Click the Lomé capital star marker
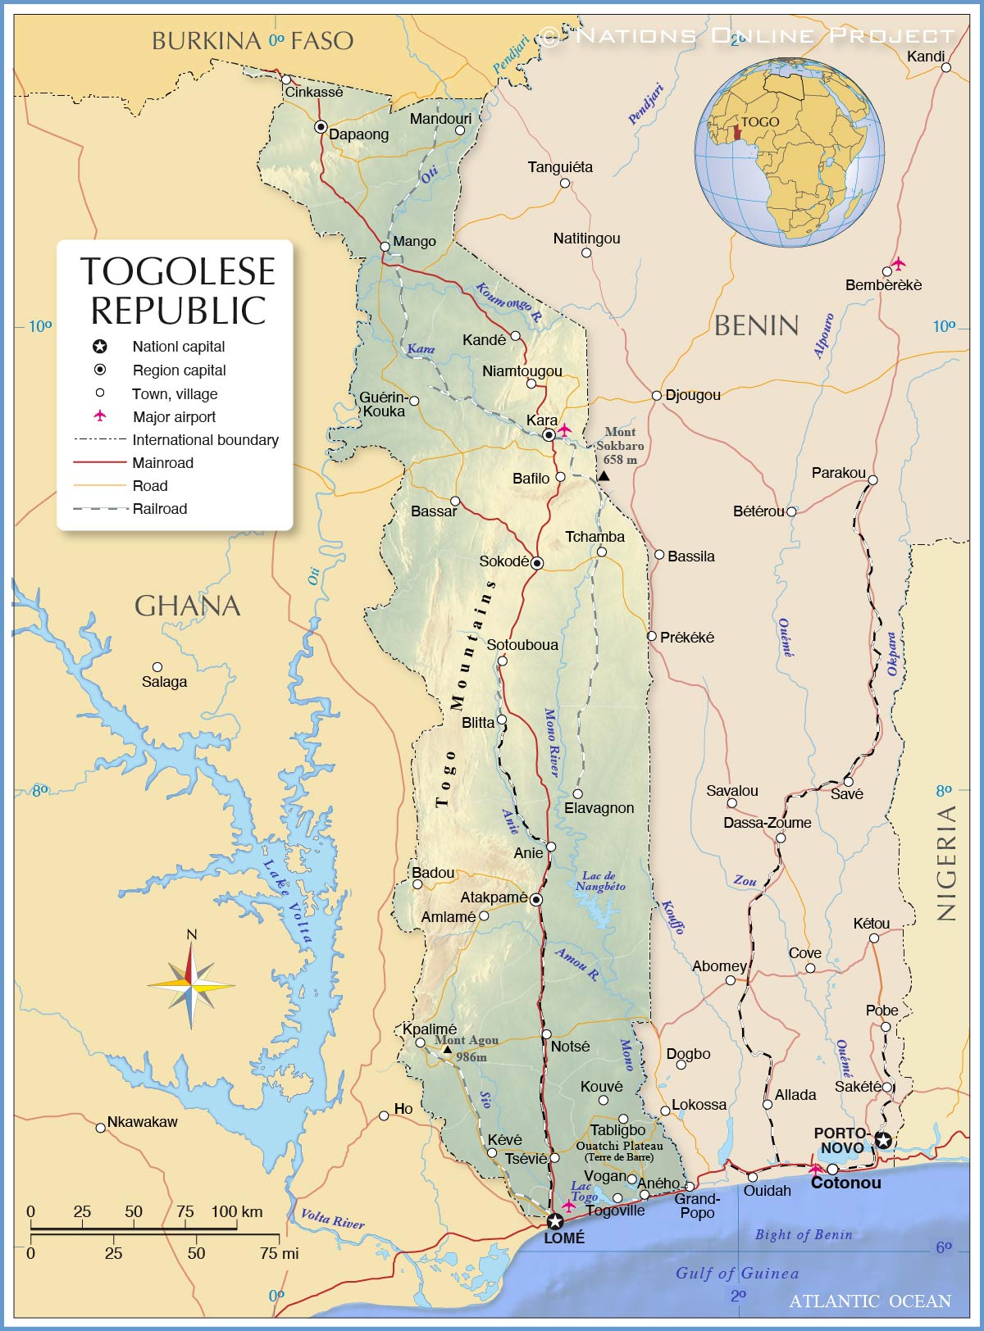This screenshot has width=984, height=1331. click(554, 1221)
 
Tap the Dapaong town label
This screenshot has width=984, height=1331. click(358, 134)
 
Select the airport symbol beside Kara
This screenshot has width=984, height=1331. click(564, 429)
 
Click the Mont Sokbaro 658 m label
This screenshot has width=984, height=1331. click(620, 446)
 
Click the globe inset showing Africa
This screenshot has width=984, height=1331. click(789, 152)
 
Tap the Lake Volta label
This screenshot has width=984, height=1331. click(288, 901)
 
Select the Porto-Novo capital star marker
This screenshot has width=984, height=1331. click(882, 1139)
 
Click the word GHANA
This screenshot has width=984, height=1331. click(187, 606)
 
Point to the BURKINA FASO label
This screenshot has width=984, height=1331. click(253, 41)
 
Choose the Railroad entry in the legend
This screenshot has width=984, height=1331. click(160, 509)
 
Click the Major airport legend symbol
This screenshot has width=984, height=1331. click(100, 416)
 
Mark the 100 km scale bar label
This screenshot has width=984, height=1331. click(236, 1211)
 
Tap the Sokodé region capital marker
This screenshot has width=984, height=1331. click(536, 563)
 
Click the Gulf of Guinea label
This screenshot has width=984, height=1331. click(736, 1273)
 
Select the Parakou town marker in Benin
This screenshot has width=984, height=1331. click(872, 480)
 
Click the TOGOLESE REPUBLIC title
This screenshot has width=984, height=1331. click(178, 291)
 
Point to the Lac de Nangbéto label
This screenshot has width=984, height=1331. click(600, 881)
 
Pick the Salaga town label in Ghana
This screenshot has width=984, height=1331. click(164, 682)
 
